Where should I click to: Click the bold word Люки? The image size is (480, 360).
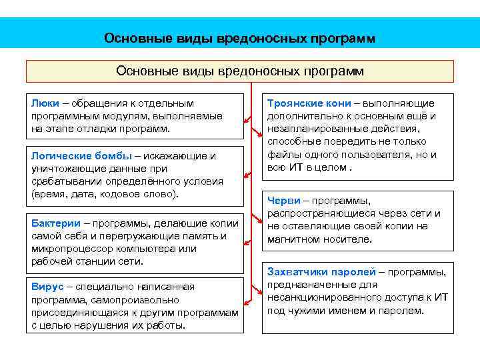pos(45,103)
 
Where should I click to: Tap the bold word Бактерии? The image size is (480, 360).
pos(56,223)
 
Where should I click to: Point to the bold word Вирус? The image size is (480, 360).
pos(47,287)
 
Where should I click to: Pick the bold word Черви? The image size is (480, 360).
pos(283,201)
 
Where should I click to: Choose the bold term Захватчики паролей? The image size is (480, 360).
pos(321,272)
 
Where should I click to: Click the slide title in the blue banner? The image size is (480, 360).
pos(240,38)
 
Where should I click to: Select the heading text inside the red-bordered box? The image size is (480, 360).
pos(240,71)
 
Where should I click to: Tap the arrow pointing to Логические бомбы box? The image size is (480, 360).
pos(247,175)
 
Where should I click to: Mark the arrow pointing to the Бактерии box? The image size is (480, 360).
pos(247,235)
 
